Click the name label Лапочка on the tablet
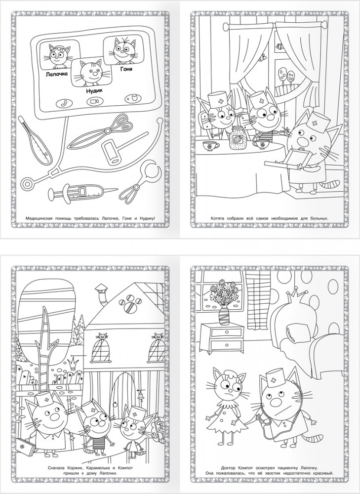pyautogui.click(x=57, y=75)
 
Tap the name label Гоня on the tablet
pyautogui.click(x=126, y=69)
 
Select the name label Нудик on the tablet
pyautogui.click(x=94, y=91)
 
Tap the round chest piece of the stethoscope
pyautogui.click(x=28, y=184)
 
